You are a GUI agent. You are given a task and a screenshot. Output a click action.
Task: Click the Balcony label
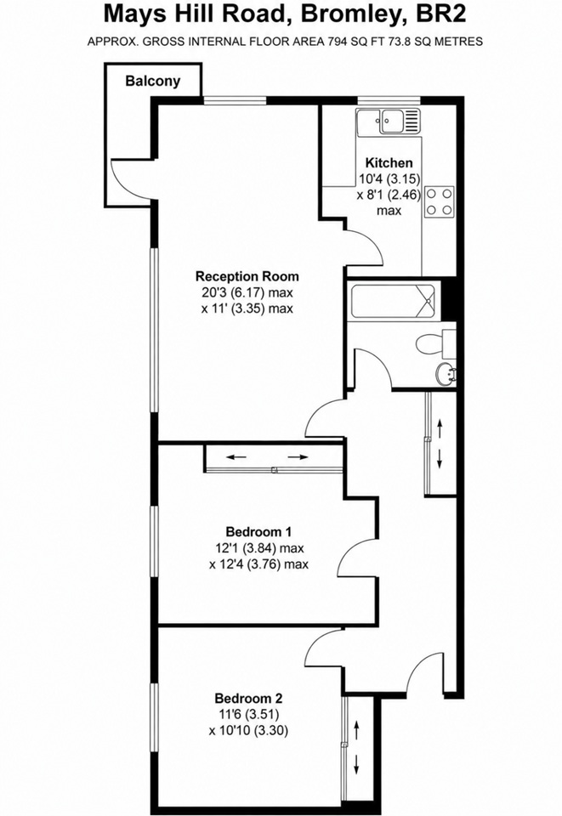pyautogui.click(x=152, y=82)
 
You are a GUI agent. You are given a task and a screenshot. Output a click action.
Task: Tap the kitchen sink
pyautogui.click(x=389, y=122)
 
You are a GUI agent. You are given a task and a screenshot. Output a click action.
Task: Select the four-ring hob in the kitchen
pyautogui.click(x=440, y=202)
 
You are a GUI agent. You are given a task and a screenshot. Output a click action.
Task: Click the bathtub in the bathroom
pyautogui.click(x=395, y=301)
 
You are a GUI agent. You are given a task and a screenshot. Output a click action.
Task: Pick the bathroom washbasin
pyautogui.click(x=446, y=374)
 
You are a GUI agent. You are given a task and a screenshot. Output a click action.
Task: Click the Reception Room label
pyautogui.click(x=247, y=275)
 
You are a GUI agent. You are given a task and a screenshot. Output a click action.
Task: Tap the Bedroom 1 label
pyautogui.click(x=258, y=532)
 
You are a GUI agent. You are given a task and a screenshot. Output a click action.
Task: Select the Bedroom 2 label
pyautogui.click(x=249, y=698)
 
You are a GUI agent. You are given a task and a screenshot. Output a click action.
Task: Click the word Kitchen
pyautogui.click(x=389, y=162)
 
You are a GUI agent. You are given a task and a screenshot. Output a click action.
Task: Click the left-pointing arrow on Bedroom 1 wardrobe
pyautogui.click(x=236, y=457)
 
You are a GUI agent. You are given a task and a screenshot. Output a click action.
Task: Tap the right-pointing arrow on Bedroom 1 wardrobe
pyautogui.click(x=298, y=457)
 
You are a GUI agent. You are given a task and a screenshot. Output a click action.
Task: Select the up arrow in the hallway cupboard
pyautogui.click(x=440, y=429)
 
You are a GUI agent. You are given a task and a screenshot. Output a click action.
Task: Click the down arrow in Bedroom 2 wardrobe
pyautogui.click(x=357, y=763)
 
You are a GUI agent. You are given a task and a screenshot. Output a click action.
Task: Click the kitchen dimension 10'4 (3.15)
pyautogui.click(x=389, y=178)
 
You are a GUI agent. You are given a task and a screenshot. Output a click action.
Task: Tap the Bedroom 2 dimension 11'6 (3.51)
pyautogui.click(x=248, y=714)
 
